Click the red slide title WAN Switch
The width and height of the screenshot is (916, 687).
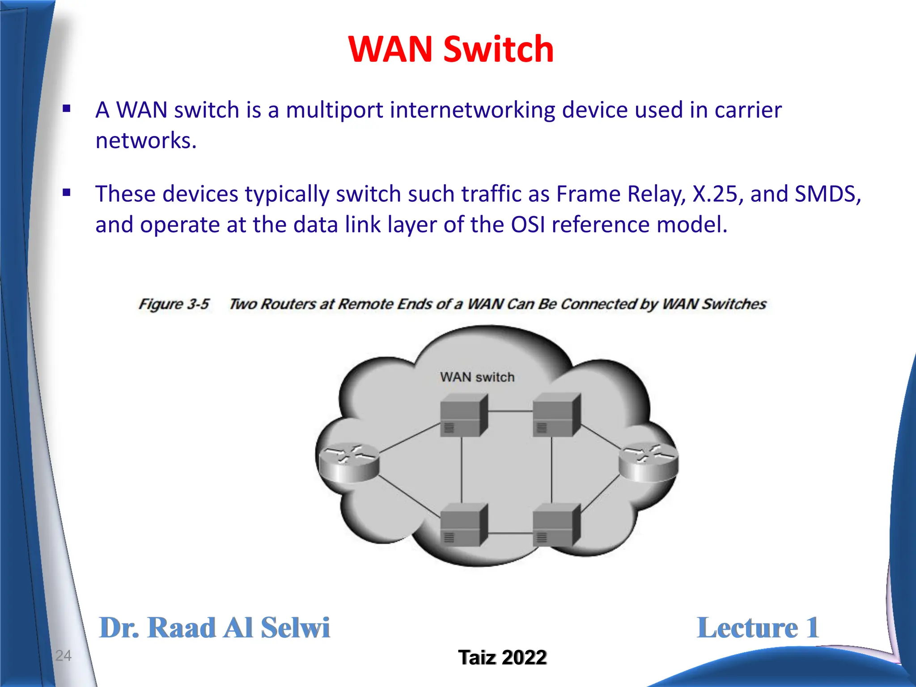[x=451, y=49]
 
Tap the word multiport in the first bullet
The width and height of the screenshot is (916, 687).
[x=335, y=110]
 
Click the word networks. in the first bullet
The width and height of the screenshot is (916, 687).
[x=146, y=140]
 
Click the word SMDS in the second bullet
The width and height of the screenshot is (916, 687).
[x=827, y=194]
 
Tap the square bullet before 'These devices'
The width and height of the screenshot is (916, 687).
[x=67, y=193]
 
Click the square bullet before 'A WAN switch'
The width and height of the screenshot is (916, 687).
[x=67, y=109]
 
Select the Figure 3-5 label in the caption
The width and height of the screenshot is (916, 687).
[x=174, y=304]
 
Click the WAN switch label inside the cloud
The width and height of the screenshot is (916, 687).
[x=477, y=377]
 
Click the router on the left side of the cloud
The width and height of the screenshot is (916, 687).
[x=348, y=463]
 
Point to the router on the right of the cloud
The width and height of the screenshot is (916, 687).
[x=649, y=462]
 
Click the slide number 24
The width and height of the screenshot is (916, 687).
[x=63, y=655]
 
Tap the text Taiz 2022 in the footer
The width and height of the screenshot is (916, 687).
[x=502, y=657]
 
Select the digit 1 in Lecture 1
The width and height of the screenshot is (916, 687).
[x=812, y=628]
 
